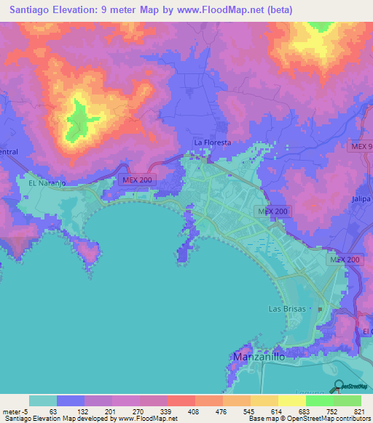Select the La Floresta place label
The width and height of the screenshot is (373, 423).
[212, 143]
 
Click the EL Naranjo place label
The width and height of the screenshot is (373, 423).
[47, 184]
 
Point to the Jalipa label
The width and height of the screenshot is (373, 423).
[361, 198]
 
